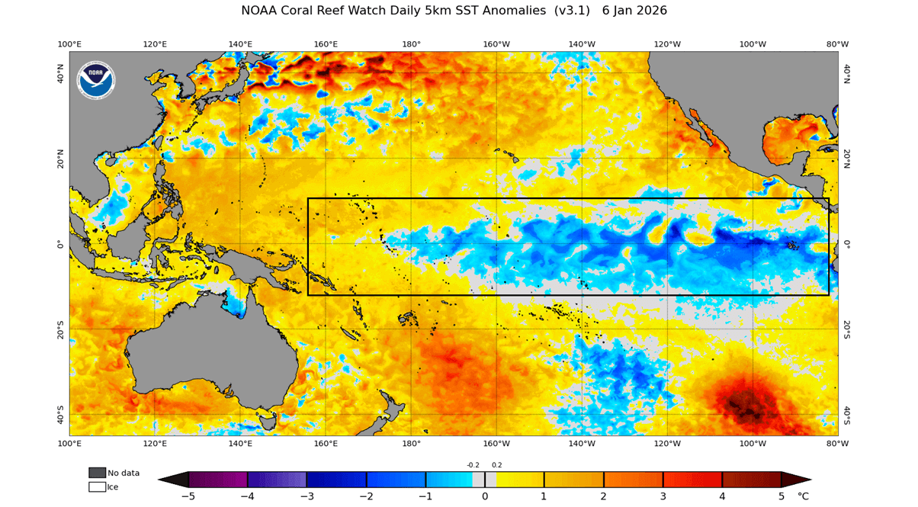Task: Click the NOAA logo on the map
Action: [x=96, y=80]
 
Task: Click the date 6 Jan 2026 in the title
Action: [x=634, y=11]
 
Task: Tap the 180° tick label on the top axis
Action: [x=411, y=44]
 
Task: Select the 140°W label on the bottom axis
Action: [x=582, y=443]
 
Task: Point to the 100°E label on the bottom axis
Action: [x=69, y=443]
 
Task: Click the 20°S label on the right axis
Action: [x=847, y=329]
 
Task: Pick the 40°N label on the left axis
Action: [x=61, y=73]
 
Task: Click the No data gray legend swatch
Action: [x=97, y=473]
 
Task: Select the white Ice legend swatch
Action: [x=97, y=486]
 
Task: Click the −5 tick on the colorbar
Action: [x=188, y=496]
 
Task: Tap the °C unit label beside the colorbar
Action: [x=803, y=496]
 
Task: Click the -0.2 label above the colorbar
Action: [x=473, y=464]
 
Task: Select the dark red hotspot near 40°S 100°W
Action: [x=743, y=402]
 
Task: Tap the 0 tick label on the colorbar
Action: [x=485, y=496]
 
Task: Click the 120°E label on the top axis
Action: [x=155, y=44]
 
